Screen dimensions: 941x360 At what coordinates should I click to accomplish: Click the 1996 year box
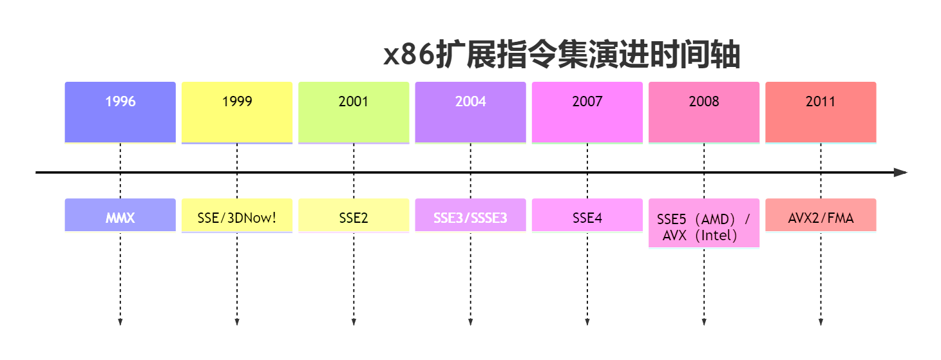[x=120, y=111]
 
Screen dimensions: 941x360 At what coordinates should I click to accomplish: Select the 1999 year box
[x=237, y=111]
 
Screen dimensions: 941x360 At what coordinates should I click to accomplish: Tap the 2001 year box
[x=354, y=111]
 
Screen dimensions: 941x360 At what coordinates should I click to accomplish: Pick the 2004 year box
[x=470, y=111]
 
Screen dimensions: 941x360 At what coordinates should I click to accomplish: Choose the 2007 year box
[x=587, y=111]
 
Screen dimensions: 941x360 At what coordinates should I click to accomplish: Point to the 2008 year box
[x=704, y=111]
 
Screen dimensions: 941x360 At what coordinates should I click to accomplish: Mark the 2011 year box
[x=821, y=111]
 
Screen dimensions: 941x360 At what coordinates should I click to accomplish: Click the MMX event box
[x=120, y=215]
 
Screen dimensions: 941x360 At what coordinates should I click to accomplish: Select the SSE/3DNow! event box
[x=237, y=215]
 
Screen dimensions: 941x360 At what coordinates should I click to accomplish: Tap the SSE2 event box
[x=354, y=215]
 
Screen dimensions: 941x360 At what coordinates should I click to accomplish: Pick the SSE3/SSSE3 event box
[x=470, y=215]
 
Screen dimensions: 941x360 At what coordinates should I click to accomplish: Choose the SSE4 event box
[x=587, y=215]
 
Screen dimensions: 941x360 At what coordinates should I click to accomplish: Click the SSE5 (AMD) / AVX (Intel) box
[x=704, y=223]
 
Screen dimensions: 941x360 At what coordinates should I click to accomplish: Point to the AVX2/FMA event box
[x=821, y=215]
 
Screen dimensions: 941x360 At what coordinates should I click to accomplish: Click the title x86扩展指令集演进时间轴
[x=562, y=55]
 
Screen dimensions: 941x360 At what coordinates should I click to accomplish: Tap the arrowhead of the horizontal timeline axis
[x=901, y=173]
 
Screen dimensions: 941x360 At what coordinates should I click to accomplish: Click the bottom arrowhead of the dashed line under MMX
[x=120, y=321]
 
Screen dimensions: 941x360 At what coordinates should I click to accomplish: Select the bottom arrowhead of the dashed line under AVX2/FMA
[x=821, y=321]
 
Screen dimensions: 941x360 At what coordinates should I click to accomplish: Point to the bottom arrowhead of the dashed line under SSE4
[x=587, y=321]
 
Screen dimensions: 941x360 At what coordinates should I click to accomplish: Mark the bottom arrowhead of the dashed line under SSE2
[x=354, y=321]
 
